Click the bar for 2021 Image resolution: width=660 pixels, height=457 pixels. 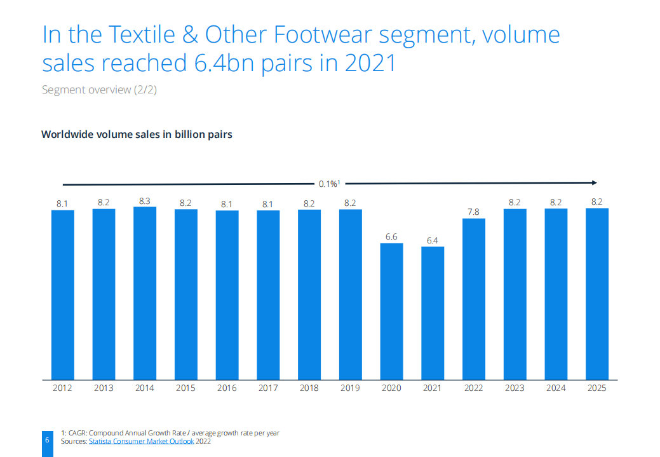(433, 313)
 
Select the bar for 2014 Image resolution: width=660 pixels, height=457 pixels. (145, 293)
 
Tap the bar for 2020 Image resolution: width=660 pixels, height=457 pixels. (391, 311)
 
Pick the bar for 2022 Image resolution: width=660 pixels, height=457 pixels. (474, 299)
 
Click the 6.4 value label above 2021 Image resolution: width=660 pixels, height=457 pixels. (433, 240)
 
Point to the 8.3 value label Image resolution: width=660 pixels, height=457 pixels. (145, 201)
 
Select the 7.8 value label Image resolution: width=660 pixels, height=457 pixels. (474, 212)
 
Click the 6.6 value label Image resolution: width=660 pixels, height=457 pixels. (391, 236)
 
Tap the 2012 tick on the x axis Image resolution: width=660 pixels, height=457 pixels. (62, 388)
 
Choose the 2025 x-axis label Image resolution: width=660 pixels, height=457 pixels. (597, 388)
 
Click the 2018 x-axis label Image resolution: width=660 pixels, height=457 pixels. (309, 388)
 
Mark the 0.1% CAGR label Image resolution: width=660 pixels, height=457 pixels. (329, 184)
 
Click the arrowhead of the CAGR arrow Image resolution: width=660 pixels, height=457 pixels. (594, 183)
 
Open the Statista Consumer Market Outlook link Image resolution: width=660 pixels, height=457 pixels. (142, 441)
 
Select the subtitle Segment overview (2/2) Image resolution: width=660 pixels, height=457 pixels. (99, 90)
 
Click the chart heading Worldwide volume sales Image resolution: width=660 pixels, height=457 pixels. (137, 135)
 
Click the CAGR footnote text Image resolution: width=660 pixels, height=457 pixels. (170, 433)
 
